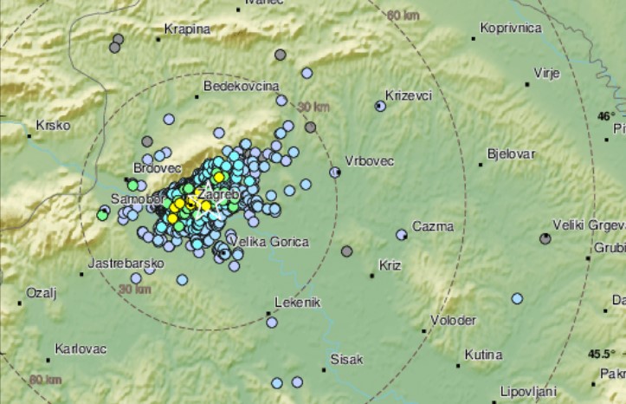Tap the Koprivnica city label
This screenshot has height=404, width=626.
[x=513, y=29]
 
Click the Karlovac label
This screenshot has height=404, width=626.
[x=80, y=348]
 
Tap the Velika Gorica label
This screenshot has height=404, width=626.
[x=267, y=241]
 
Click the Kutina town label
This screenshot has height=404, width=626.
[x=483, y=355]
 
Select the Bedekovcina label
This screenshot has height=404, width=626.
[x=241, y=86]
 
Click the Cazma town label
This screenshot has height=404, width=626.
[x=432, y=225]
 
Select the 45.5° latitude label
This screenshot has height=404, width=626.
[x=600, y=354]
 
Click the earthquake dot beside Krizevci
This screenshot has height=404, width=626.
[x=380, y=106]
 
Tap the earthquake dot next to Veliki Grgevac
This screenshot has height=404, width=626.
[x=545, y=238]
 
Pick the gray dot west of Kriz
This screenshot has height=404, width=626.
[x=347, y=251]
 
